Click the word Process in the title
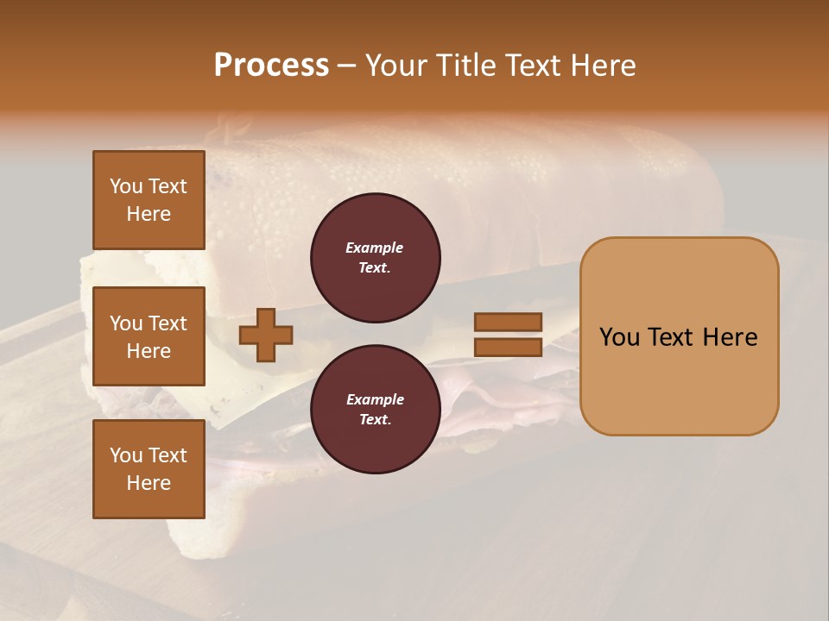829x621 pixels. [271, 66]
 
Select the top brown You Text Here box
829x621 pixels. [149, 200]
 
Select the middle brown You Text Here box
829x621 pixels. [149, 336]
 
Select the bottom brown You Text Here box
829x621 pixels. [149, 468]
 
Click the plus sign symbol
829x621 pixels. [266, 336]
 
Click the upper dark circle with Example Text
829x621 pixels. [375, 258]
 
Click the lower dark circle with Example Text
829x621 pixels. [375, 410]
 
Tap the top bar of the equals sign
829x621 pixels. [508, 323]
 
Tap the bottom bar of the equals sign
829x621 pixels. [508, 348]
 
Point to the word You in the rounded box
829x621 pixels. [620, 337]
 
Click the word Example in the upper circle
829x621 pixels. [375, 248]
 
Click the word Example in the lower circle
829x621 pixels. [375, 399]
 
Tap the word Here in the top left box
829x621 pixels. [149, 214]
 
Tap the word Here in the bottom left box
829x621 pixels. [149, 483]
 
